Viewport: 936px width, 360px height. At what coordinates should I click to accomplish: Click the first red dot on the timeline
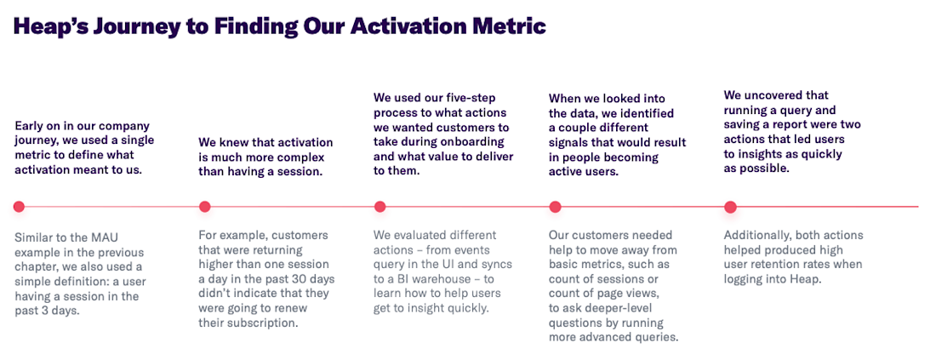pos(19,207)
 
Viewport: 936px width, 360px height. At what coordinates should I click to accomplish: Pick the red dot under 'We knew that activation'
pos(205,207)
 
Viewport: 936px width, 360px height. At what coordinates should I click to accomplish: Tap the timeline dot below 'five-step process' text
pos(380,207)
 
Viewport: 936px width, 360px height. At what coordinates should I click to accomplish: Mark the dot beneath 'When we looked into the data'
pos(555,207)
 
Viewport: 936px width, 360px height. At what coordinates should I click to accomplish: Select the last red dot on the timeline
pos(730,207)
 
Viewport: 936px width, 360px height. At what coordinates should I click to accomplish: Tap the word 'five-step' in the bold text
pos(476,98)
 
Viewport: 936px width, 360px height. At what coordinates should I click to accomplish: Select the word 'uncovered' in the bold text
pos(775,95)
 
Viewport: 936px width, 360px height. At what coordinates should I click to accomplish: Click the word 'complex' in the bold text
pos(302,157)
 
